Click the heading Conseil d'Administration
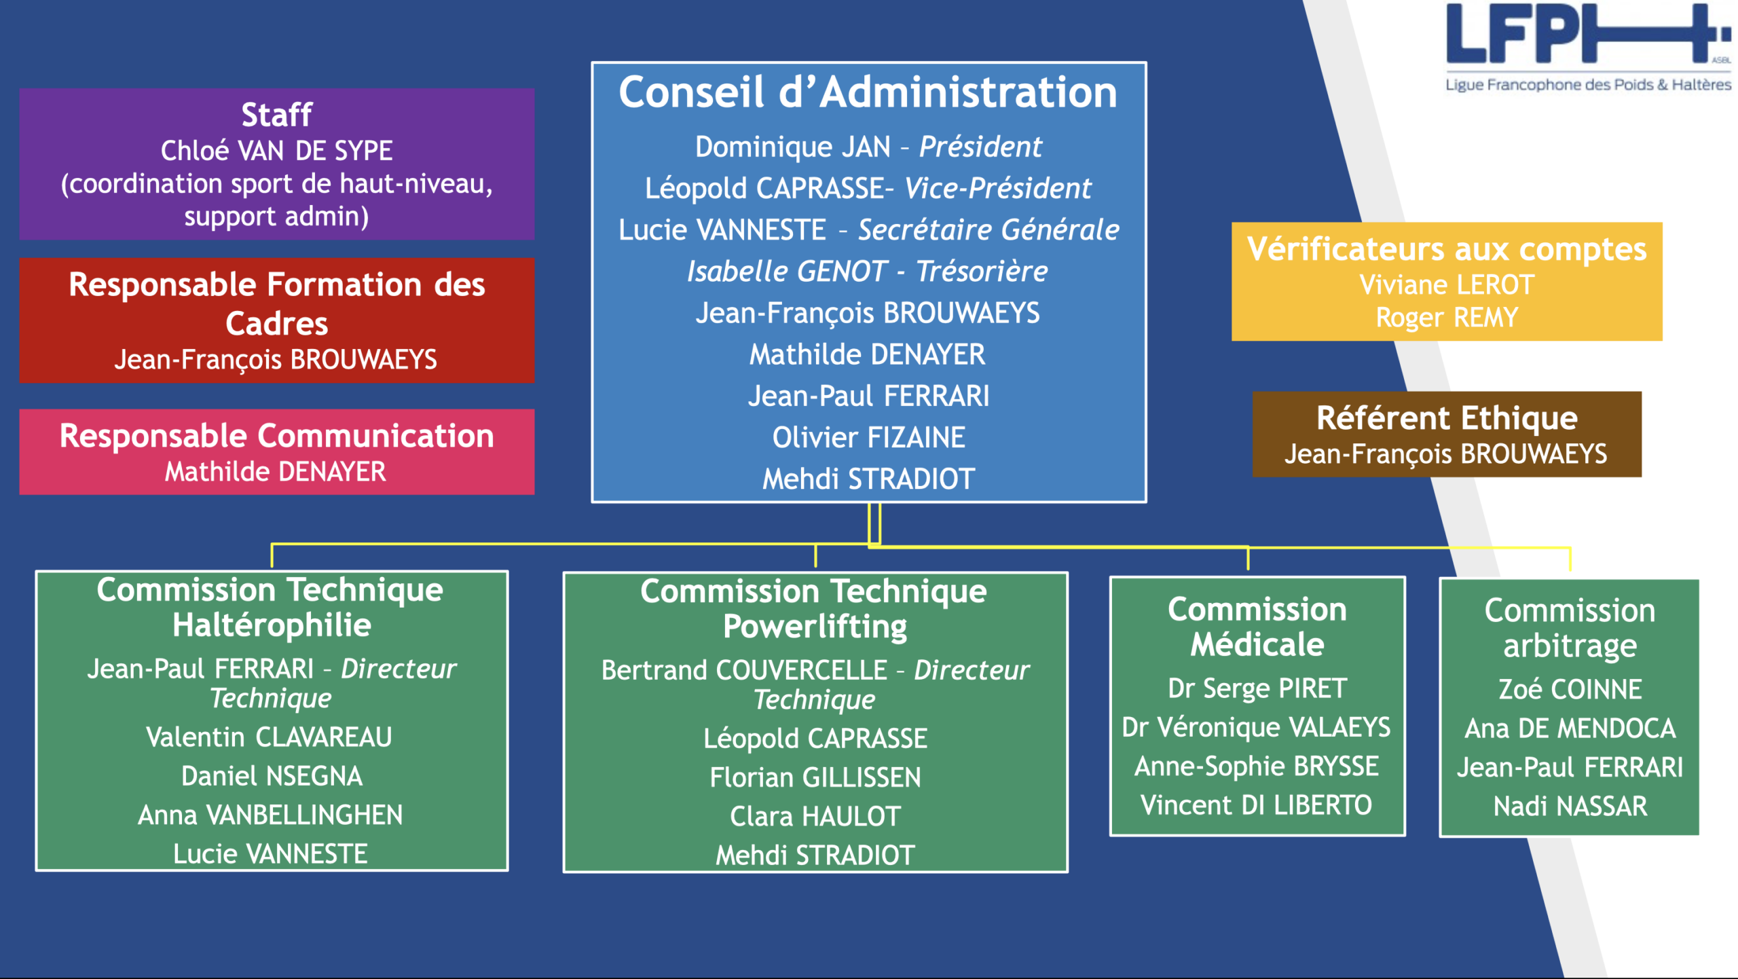click(x=868, y=92)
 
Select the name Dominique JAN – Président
click(x=868, y=147)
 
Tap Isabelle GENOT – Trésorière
click(x=868, y=272)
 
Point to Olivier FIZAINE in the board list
click(x=868, y=438)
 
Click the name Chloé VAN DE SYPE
click(x=276, y=151)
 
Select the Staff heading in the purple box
click(x=276, y=115)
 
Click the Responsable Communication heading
click(x=276, y=436)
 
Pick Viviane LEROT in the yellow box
click(x=1446, y=285)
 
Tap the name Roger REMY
click(x=1446, y=318)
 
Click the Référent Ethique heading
click(x=1446, y=418)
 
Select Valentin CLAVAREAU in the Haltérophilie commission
click(x=269, y=737)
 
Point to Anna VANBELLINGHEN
click(x=270, y=815)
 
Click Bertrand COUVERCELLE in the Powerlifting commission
click(x=744, y=671)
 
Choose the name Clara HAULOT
click(x=815, y=817)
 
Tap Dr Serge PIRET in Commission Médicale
click(x=1257, y=688)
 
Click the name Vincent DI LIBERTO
click(x=1256, y=806)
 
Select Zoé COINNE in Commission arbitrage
click(x=1570, y=690)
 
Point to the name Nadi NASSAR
click(x=1570, y=807)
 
